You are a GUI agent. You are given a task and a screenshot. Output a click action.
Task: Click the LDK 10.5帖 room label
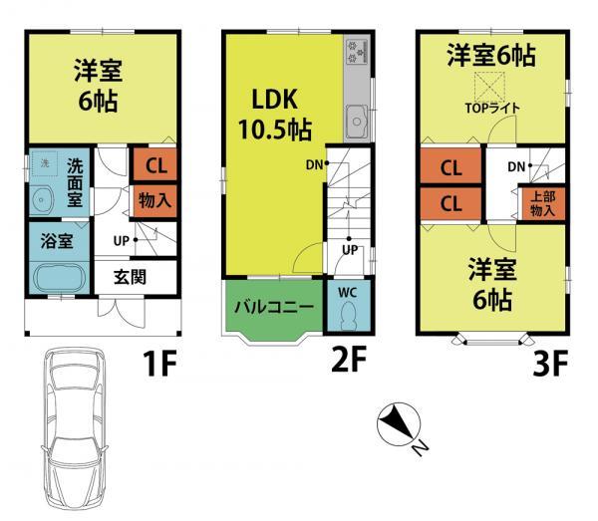pyautogui.click(x=272, y=116)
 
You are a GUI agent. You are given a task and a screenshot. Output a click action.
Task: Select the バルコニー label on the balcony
pyautogui.click(x=274, y=307)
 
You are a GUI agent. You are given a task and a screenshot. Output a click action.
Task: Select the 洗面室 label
pyautogui.click(x=76, y=181)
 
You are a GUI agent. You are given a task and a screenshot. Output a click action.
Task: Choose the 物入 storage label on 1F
pyautogui.click(x=154, y=199)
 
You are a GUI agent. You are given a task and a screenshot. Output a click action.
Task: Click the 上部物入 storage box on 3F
pyautogui.click(x=542, y=204)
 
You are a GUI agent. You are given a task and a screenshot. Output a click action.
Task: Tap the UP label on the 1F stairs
pyautogui.click(x=120, y=241)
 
